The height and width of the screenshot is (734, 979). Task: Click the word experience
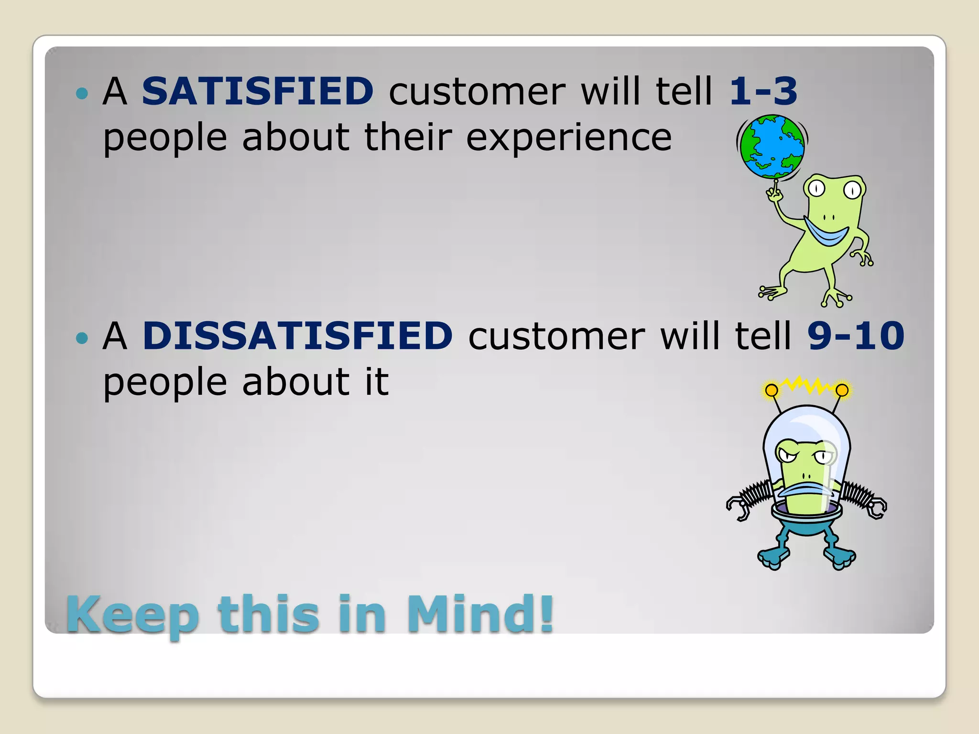pyautogui.click(x=569, y=138)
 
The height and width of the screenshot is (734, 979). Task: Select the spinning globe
pyautogui.click(x=772, y=147)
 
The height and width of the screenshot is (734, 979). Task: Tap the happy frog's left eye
pyautogui.click(x=816, y=189)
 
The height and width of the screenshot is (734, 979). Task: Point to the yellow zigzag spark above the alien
pyautogui.click(x=807, y=385)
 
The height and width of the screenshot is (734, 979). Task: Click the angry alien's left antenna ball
pyautogui.click(x=771, y=390)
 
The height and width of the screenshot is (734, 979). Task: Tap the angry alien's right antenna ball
pyautogui.click(x=842, y=390)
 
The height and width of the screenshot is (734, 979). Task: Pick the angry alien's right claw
pyautogui.click(x=876, y=508)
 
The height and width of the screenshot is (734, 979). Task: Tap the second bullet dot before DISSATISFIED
pyautogui.click(x=82, y=338)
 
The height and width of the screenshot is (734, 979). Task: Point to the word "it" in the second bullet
pyautogui.click(x=377, y=382)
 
